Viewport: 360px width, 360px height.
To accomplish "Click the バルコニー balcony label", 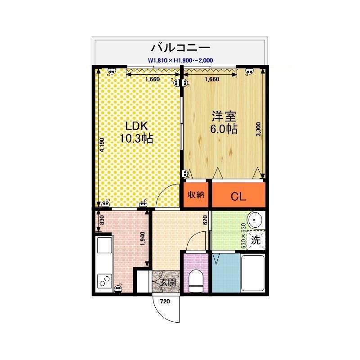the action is tap(180, 48).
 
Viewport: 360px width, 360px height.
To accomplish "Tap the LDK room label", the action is tap(136, 126).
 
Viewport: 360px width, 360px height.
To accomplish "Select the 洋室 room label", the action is tap(224, 116).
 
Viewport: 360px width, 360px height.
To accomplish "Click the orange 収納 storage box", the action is tap(196, 195).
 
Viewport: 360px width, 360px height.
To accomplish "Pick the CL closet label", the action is tap(238, 197).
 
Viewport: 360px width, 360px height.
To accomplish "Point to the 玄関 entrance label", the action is tap(168, 282).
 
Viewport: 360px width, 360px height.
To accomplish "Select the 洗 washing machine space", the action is tap(256, 240).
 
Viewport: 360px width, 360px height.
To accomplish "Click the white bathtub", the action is tap(253, 273).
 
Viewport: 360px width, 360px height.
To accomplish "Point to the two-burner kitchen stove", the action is tap(105, 281).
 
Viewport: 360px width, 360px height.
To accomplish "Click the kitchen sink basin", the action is tap(105, 245).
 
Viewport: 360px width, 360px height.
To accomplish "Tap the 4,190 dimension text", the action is tap(102, 145).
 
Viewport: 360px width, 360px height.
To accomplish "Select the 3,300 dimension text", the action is tap(258, 130).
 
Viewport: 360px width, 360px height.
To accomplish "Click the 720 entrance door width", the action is tap(165, 301).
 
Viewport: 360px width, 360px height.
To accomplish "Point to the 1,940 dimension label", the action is tap(142, 239).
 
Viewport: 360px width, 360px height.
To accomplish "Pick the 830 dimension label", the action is tap(102, 220).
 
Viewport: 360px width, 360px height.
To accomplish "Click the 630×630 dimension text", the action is tap(243, 236).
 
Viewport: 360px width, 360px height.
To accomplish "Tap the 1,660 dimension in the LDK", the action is tap(153, 80).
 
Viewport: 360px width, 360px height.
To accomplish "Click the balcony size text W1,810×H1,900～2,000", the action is tap(180, 60).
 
